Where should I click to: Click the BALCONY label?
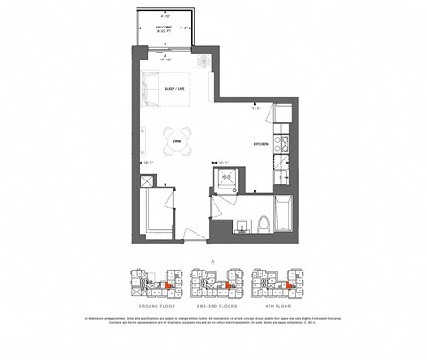pos(164,28)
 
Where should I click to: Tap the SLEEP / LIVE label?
pos(175,90)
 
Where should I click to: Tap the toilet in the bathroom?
pos(262,223)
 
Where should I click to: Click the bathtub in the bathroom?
pos(282,216)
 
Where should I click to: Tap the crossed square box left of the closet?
pos(147,181)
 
